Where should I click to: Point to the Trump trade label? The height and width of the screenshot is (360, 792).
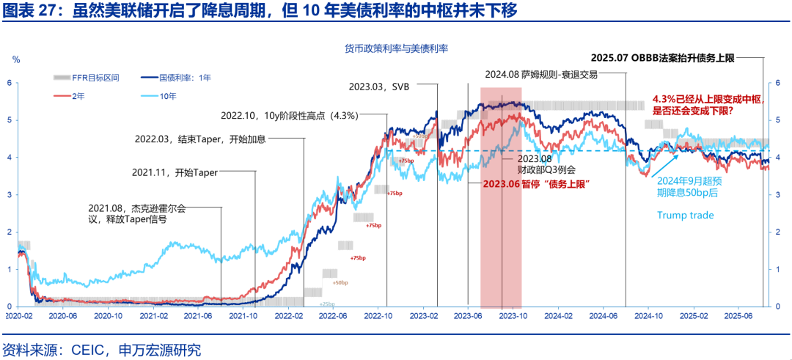pos(685,216)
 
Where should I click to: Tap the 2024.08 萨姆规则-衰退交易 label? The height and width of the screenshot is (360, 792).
pos(541,75)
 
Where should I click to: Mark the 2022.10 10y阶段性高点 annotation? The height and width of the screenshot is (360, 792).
pos(289,115)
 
